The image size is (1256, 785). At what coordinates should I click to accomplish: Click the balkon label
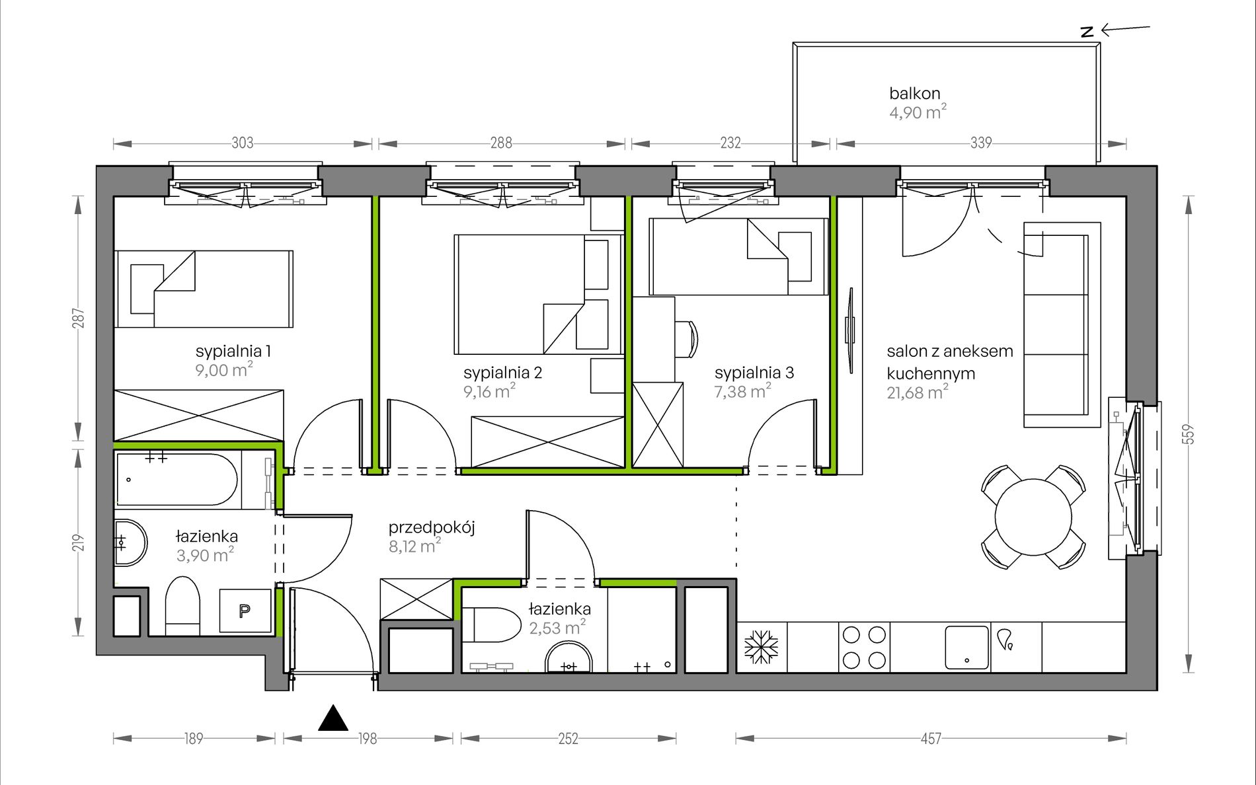(x=914, y=93)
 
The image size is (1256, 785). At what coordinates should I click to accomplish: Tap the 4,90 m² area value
(x=918, y=112)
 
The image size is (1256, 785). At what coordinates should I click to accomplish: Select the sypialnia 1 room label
(x=233, y=351)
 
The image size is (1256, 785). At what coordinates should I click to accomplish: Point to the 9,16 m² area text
(x=489, y=391)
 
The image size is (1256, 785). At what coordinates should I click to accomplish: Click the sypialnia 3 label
(x=754, y=373)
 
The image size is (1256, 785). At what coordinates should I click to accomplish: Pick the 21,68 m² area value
(x=918, y=392)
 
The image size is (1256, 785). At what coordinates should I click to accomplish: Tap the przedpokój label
(x=432, y=528)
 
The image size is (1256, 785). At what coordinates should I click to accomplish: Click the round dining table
(x=1033, y=517)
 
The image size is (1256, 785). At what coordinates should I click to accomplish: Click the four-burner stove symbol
(x=864, y=648)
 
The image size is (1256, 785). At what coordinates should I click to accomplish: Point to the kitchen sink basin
(x=967, y=648)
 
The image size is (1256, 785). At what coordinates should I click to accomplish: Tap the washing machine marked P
(x=245, y=611)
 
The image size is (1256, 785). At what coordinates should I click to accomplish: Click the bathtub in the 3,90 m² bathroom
(x=177, y=480)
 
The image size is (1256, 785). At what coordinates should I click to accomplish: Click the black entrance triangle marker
(x=333, y=718)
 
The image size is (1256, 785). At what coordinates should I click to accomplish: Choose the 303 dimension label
(x=243, y=143)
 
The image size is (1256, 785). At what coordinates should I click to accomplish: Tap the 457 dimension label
(x=931, y=739)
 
